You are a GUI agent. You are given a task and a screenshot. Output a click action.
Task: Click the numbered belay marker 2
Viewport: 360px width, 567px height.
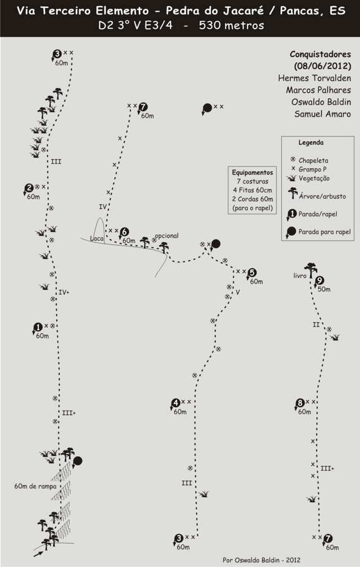29,188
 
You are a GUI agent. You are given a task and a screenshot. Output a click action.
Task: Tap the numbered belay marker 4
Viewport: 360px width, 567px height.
175,403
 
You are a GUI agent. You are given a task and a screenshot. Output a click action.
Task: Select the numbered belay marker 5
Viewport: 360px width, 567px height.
253,273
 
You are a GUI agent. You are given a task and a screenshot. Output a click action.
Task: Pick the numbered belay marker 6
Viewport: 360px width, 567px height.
124,232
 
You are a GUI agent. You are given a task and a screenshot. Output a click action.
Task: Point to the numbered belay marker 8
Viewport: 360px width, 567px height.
300,403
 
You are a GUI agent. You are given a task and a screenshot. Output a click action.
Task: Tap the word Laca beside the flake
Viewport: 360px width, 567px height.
97,238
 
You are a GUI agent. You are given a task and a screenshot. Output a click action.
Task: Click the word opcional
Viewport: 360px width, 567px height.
166,236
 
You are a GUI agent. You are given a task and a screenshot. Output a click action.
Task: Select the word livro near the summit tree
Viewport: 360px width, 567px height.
300,276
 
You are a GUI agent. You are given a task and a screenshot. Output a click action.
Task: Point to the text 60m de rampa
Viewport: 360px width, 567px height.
35,487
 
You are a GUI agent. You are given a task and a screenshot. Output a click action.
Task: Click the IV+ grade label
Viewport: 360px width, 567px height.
64,292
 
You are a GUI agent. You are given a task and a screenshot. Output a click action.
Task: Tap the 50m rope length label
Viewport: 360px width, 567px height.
324,289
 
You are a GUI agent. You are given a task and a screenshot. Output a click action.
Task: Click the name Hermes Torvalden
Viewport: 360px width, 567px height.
314,78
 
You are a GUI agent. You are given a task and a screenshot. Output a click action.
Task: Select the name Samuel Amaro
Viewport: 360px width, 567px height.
322,114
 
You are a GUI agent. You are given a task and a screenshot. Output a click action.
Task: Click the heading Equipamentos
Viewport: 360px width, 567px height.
253,173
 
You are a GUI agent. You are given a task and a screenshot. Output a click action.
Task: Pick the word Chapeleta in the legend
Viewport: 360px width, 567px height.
313,160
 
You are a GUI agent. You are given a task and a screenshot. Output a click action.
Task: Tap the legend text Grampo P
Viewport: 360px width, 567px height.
313,169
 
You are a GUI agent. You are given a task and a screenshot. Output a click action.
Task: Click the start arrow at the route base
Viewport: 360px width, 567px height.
39,553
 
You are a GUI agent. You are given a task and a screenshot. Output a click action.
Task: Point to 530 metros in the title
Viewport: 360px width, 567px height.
231,25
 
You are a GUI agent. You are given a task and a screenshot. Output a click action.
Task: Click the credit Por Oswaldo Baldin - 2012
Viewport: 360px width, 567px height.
262,560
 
